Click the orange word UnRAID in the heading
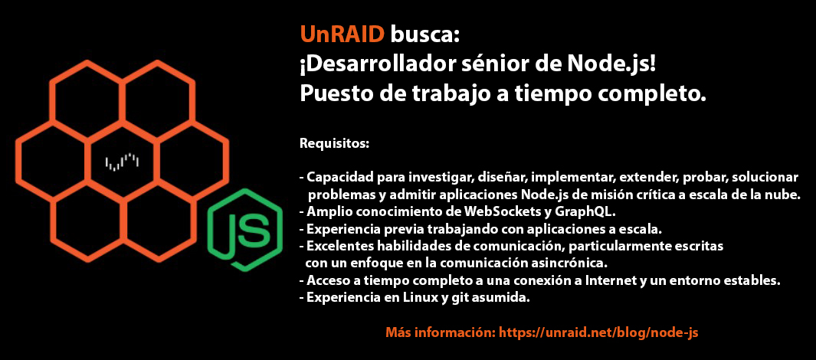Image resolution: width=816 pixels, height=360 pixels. pyautogui.click(x=342, y=34)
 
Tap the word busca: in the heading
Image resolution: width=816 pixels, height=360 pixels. pyautogui.click(x=425, y=34)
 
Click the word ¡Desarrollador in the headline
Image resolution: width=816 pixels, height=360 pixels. pyautogui.click(x=371, y=64)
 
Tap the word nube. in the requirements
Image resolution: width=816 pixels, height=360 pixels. pyautogui.click(x=783, y=195)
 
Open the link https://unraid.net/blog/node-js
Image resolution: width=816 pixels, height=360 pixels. pyautogui.click(x=598, y=332)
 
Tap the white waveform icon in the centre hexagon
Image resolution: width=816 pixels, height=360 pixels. pyautogui.click(x=122, y=162)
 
